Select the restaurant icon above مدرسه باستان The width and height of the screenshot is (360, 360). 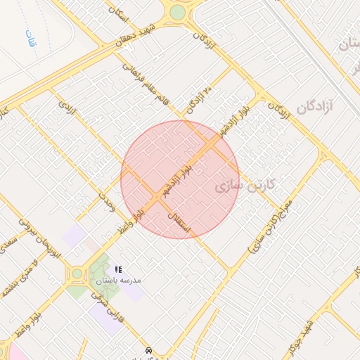(x=119, y=269)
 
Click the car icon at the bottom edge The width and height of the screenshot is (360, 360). (x=148, y=349)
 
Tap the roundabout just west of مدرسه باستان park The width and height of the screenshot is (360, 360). (x=76, y=274)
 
